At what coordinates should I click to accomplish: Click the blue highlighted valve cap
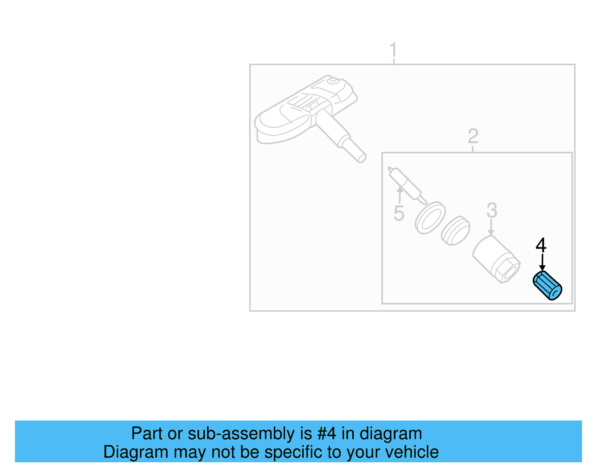pos(547,286)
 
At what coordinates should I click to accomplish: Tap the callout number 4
pos(541,245)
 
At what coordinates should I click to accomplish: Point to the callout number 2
pos(473,136)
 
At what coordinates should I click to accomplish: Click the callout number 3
pos(492,210)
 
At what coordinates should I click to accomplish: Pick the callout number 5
pos(399,213)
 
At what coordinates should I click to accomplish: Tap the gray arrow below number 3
pos(491,227)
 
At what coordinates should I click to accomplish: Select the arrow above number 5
pos(400,194)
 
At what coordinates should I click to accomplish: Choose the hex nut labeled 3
pos(497,260)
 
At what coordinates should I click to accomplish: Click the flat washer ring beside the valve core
pos(430,218)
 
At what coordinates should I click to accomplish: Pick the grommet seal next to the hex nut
pos(455,230)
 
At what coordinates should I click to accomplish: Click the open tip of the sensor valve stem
pos(361,158)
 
